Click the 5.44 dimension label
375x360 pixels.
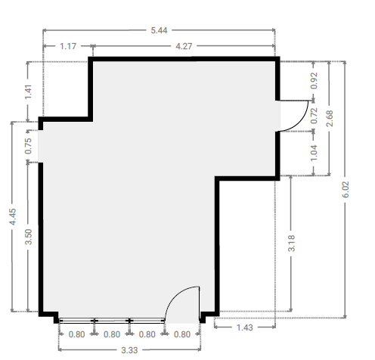pos(159,30)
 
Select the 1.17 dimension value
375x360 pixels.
pos(68,46)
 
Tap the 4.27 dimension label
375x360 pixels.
pos(184,46)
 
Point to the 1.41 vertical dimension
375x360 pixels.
pos(28,92)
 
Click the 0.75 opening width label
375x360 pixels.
pos(28,146)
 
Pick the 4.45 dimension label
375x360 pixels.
pos(12,216)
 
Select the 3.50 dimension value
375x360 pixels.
pos(29,237)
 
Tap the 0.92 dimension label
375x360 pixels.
pos(314,81)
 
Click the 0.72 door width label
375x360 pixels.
pos(314,116)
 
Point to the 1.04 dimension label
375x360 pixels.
pos(314,153)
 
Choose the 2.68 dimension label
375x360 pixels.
pos(330,118)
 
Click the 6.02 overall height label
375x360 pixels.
pos(346,189)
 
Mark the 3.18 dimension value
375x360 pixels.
pos(291,243)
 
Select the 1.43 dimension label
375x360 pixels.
pos(244,327)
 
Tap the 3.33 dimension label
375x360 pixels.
pos(129,350)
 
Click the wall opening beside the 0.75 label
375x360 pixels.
pos(40,146)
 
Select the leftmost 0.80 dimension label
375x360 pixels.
pos(76,334)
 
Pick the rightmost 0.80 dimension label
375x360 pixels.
pos(182,334)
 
